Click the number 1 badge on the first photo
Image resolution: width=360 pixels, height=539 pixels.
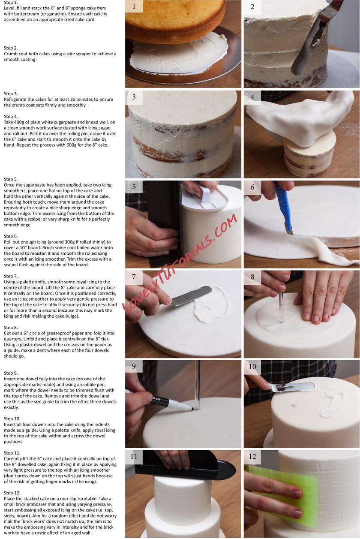tap(134, 6)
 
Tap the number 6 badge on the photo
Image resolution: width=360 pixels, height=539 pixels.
tap(252, 187)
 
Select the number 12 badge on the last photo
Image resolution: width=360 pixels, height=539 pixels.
tap(252, 456)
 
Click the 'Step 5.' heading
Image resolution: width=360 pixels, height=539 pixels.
tap(11, 179)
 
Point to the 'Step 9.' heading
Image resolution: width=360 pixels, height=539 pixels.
tap(11, 373)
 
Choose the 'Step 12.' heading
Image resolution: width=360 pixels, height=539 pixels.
tap(12, 493)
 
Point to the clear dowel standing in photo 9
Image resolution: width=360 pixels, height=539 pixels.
tap(197, 385)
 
